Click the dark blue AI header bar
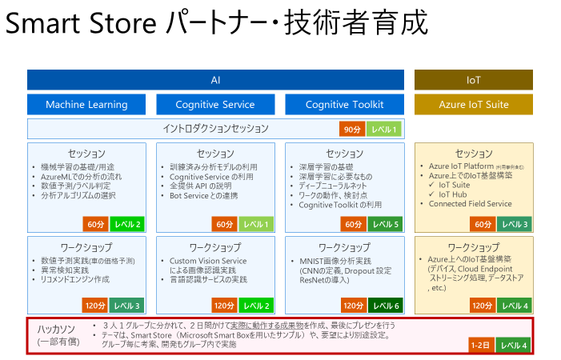(215, 80)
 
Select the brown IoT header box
(473, 80)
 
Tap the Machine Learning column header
(86, 105)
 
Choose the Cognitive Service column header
(215, 105)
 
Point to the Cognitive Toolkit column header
(344, 105)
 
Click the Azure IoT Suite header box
(473, 105)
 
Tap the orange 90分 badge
(351, 130)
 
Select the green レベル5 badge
(385, 224)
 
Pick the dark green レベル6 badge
(385, 305)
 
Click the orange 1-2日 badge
(480, 345)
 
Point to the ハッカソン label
(57, 330)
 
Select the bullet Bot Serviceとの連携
(204, 194)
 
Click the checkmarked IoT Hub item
(457, 194)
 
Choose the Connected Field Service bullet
(470, 204)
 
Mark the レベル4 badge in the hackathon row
(513, 345)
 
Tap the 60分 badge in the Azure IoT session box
(482, 224)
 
